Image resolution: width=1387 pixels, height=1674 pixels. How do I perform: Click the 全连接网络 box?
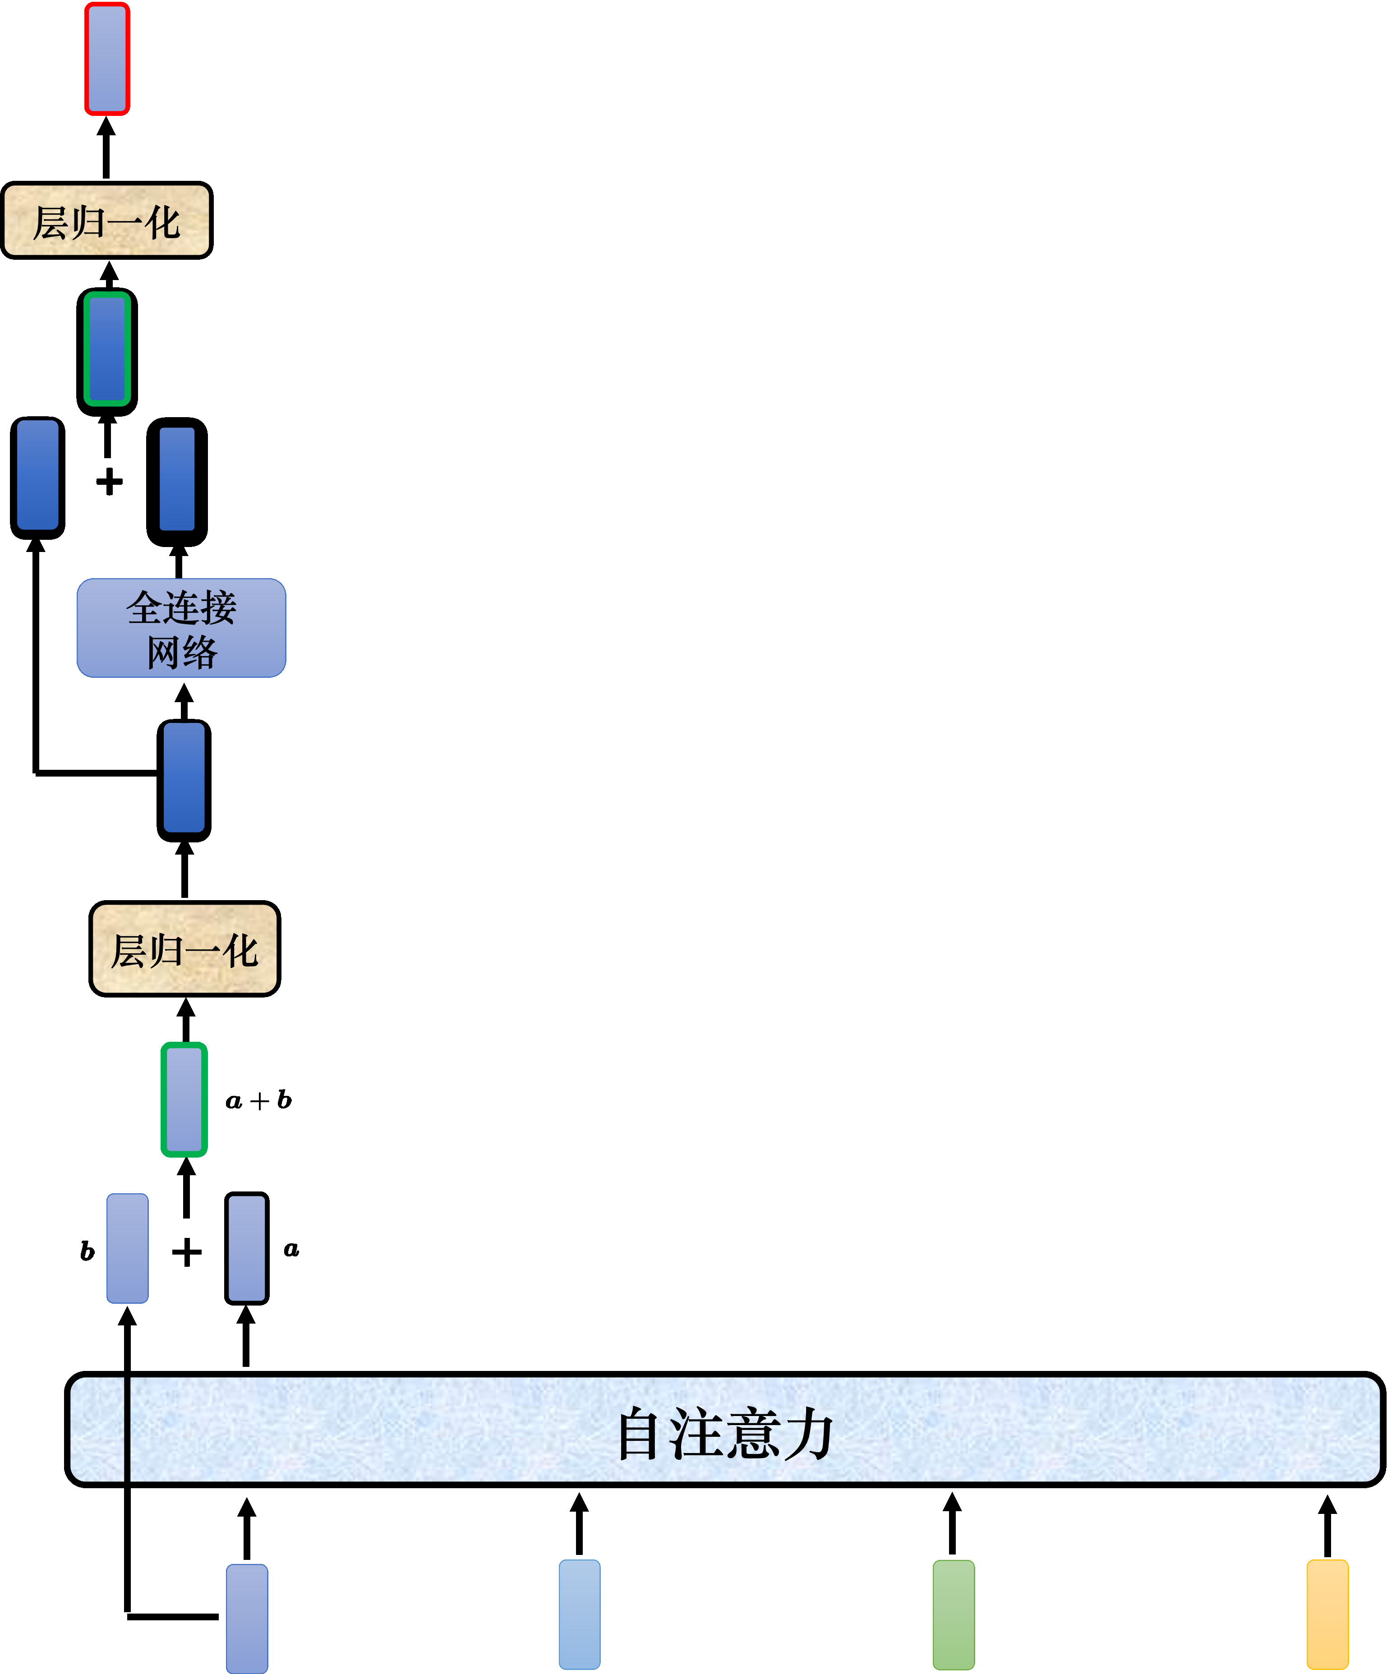181,628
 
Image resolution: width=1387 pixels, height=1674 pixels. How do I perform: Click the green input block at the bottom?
954,1614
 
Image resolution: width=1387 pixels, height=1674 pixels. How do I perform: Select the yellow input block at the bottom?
1327,1614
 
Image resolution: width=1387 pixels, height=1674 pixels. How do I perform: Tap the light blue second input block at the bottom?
580,1614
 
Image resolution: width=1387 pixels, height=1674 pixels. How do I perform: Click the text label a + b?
258,1101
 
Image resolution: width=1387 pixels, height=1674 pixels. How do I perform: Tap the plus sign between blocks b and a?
187,1252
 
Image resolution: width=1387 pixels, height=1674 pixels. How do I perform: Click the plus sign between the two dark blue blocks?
109,482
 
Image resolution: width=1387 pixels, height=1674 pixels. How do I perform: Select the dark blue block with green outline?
107,351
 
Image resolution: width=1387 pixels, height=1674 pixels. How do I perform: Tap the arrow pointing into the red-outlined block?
106,147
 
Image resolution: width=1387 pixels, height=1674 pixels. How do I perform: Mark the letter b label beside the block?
87,1251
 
